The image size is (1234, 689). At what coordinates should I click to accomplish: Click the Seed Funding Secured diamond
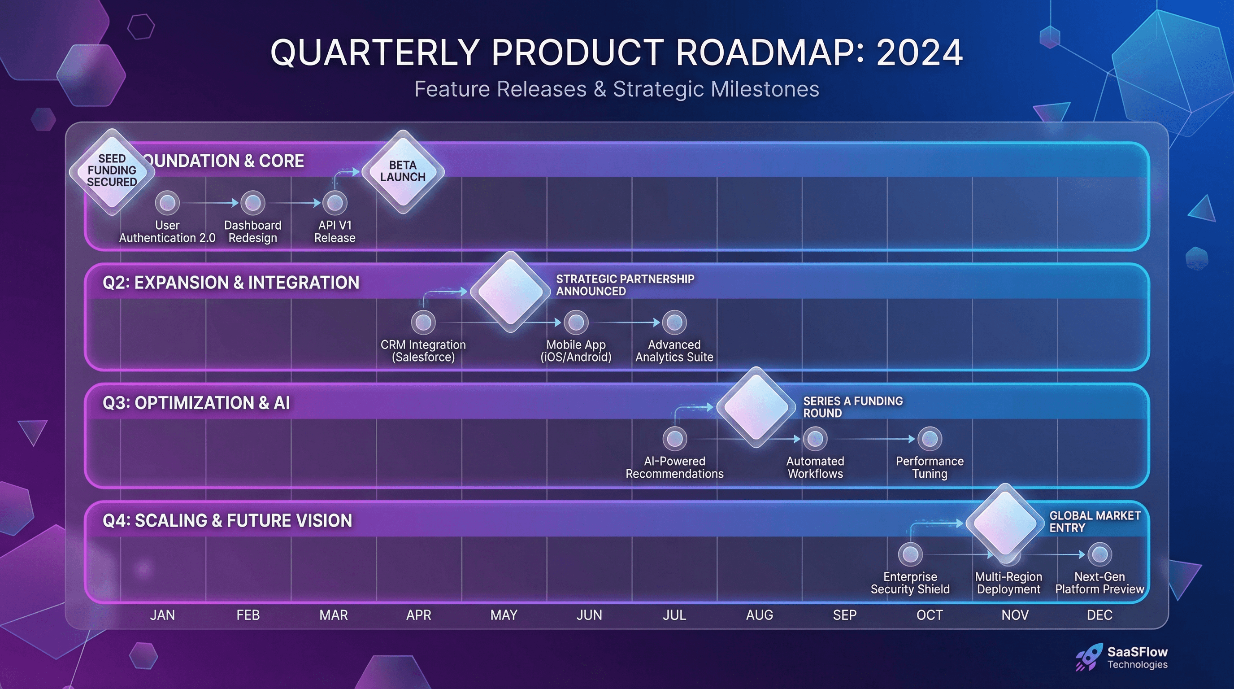click(x=112, y=171)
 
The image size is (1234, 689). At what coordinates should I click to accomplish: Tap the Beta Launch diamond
click(x=402, y=171)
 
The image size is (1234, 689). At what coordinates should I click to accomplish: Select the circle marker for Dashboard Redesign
click(x=252, y=203)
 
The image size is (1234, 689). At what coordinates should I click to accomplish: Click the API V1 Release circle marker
click(x=335, y=203)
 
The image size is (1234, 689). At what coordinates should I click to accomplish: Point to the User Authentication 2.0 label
click(x=167, y=231)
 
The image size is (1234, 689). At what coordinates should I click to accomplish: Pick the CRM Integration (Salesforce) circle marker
click(x=423, y=322)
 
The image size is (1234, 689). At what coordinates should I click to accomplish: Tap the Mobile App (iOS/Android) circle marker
click(x=576, y=322)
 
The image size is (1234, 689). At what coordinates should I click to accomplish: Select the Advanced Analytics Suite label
click(x=674, y=351)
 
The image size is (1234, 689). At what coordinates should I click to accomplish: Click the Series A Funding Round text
click(x=853, y=407)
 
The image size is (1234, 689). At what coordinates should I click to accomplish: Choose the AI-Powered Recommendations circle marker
click(x=674, y=438)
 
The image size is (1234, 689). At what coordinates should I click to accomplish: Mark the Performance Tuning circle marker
click(x=930, y=438)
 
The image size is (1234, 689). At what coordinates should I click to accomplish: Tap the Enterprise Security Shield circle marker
click(x=910, y=554)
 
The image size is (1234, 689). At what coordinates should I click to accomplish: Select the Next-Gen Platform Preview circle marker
click(x=1099, y=554)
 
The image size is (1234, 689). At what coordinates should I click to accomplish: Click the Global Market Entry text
click(x=1095, y=521)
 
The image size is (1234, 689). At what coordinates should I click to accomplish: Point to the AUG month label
click(x=759, y=615)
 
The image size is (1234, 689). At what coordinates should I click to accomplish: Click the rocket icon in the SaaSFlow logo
click(x=1087, y=658)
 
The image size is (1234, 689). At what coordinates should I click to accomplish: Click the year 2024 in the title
click(x=919, y=52)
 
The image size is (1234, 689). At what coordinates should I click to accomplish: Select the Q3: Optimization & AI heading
click(x=196, y=403)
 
